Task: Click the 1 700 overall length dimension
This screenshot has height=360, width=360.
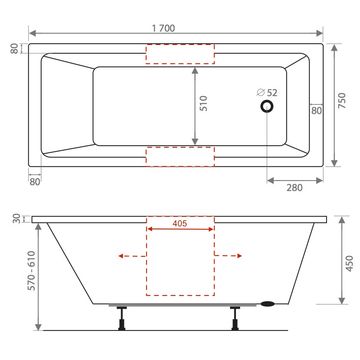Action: (x=163, y=28)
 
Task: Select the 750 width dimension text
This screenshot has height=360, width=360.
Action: (x=342, y=101)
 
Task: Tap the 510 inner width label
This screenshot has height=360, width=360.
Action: (x=204, y=103)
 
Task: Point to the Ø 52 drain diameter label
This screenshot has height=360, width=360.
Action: (x=267, y=92)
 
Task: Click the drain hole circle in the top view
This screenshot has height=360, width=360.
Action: (x=267, y=106)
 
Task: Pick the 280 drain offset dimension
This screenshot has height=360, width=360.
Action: (x=295, y=188)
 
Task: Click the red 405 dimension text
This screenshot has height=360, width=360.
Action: (x=180, y=224)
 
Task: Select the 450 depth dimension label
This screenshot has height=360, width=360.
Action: (x=349, y=263)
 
